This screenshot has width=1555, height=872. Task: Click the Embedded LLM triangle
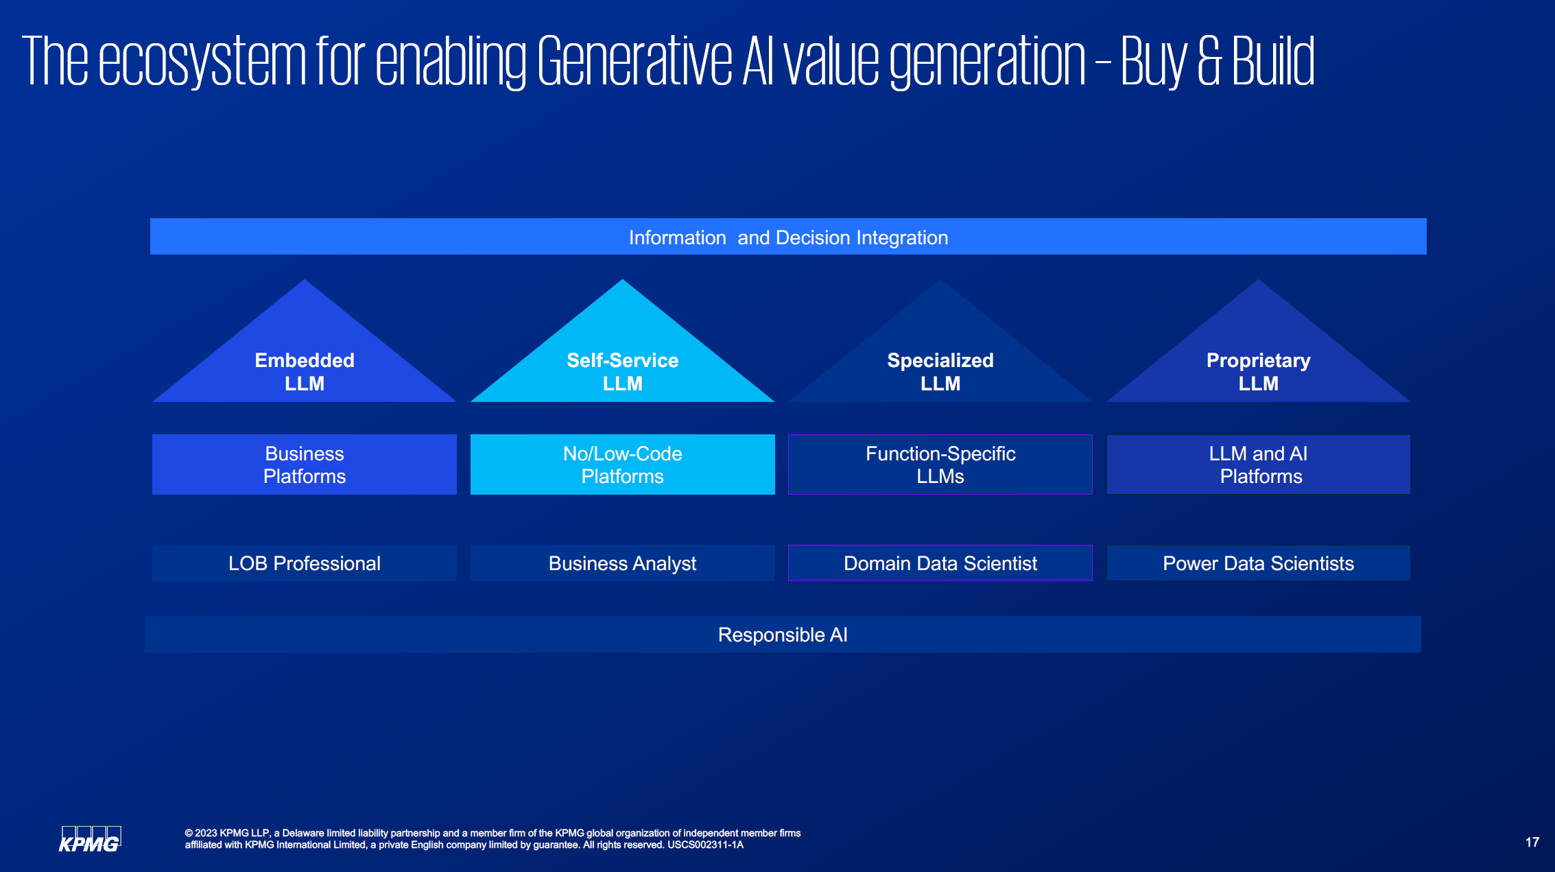point(305,357)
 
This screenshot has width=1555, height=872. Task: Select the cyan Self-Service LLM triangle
point(623,357)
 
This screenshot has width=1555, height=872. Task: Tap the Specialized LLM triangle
point(940,357)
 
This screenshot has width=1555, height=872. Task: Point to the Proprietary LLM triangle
point(1259,357)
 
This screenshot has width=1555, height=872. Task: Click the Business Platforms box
point(305,464)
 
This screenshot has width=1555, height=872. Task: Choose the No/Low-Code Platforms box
point(623,464)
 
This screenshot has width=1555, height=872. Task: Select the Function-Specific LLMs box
point(940,464)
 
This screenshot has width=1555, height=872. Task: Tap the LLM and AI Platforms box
point(1259,464)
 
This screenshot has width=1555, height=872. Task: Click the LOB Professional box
point(305,563)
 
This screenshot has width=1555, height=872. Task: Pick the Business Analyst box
point(623,563)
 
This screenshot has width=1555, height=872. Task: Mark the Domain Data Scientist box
point(940,563)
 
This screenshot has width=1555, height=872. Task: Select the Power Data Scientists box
point(1259,563)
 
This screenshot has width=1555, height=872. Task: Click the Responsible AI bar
point(783,635)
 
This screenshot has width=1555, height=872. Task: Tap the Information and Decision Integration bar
point(788,237)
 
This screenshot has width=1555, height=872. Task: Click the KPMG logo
point(90,840)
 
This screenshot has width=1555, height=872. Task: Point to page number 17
point(1532,842)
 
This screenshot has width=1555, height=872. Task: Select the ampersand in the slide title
point(1210,62)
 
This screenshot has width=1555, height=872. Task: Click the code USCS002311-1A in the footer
point(705,845)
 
